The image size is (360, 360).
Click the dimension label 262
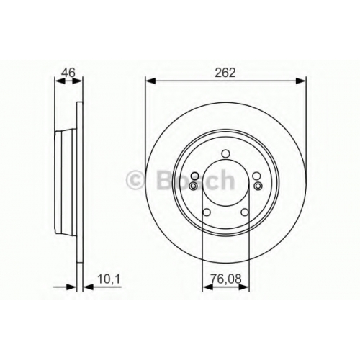(225, 73)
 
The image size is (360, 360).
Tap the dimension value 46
(68, 73)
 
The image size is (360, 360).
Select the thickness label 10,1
(109, 279)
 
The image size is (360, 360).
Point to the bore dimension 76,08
(226, 279)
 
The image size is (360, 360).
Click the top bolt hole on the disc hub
(225, 153)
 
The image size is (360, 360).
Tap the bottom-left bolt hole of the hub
(207, 212)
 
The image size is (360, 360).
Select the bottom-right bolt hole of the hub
(245, 212)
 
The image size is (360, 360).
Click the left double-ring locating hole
(193, 186)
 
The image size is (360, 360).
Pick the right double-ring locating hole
(258, 186)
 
